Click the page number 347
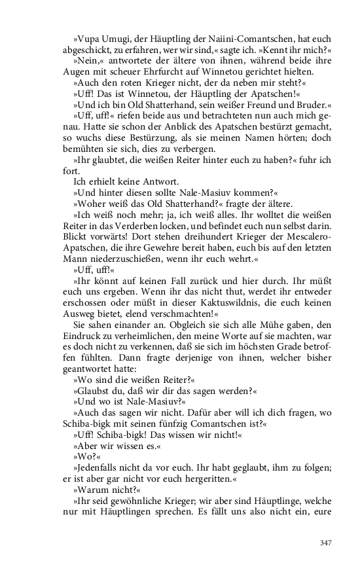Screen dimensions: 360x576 pyautogui.click(x=327, y=543)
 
